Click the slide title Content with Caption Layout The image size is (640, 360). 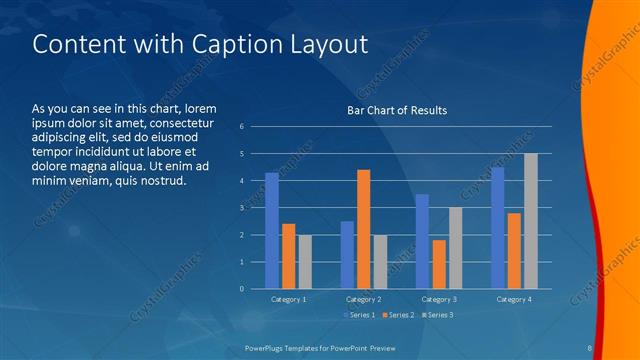200,45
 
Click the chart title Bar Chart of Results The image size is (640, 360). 397,110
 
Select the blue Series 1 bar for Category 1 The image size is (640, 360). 272,231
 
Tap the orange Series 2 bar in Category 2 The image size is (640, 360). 363,229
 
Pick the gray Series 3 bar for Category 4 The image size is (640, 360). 531,221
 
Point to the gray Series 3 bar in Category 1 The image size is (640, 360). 305,262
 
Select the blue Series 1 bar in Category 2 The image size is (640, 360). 347,255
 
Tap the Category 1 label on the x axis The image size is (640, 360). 289,299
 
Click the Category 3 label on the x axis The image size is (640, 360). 439,299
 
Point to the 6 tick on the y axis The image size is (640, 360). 241,126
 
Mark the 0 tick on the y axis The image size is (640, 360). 241,289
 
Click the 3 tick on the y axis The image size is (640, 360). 241,207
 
